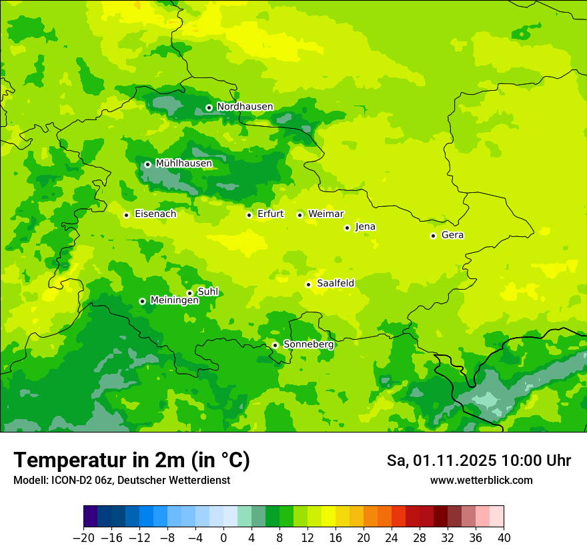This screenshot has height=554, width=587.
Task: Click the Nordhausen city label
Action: [x=245, y=107]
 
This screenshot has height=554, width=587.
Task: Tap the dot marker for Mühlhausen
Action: [x=147, y=164]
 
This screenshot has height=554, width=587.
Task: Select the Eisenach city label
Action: [x=155, y=214]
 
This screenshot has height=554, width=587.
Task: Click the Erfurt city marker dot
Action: [x=249, y=215]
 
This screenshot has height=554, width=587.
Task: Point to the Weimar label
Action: [x=326, y=214]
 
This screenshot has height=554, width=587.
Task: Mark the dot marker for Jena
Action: [x=347, y=228]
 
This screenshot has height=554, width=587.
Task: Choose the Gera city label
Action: [x=452, y=235]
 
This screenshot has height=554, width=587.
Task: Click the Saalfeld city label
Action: [x=336, y=284]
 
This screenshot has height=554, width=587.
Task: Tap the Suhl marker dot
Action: [x=189, y=293]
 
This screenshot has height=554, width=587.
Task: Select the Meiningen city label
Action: [x=174, y=300]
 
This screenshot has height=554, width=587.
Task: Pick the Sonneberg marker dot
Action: [x=275, y=345]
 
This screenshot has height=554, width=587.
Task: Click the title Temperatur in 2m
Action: [x=131, y=460]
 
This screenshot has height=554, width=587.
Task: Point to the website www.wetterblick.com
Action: [x=481, y=480]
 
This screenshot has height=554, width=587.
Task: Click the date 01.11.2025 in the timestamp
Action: [x=455, y=461]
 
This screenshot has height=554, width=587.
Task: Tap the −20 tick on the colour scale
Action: [x=83, y=538]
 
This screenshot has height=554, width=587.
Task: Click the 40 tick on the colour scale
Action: [x=504, y=538]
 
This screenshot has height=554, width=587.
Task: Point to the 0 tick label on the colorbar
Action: [x=223, y=538]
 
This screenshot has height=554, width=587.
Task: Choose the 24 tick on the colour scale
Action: [x=392, y=538]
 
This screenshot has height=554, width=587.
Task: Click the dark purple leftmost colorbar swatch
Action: [x=90, y=517]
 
